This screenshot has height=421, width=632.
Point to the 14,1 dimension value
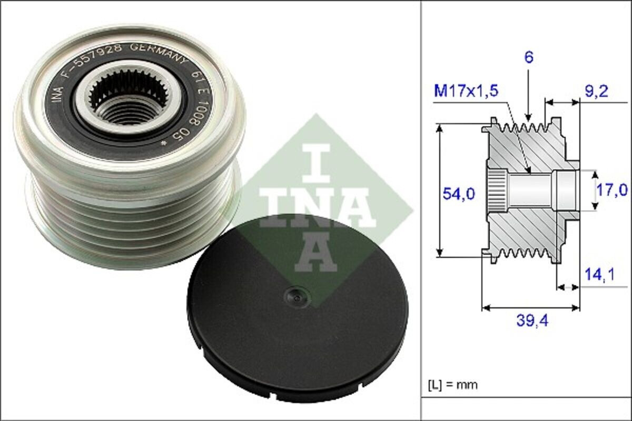(x=599, y=275)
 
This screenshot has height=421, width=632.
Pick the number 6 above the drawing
(x=529, y=57)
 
